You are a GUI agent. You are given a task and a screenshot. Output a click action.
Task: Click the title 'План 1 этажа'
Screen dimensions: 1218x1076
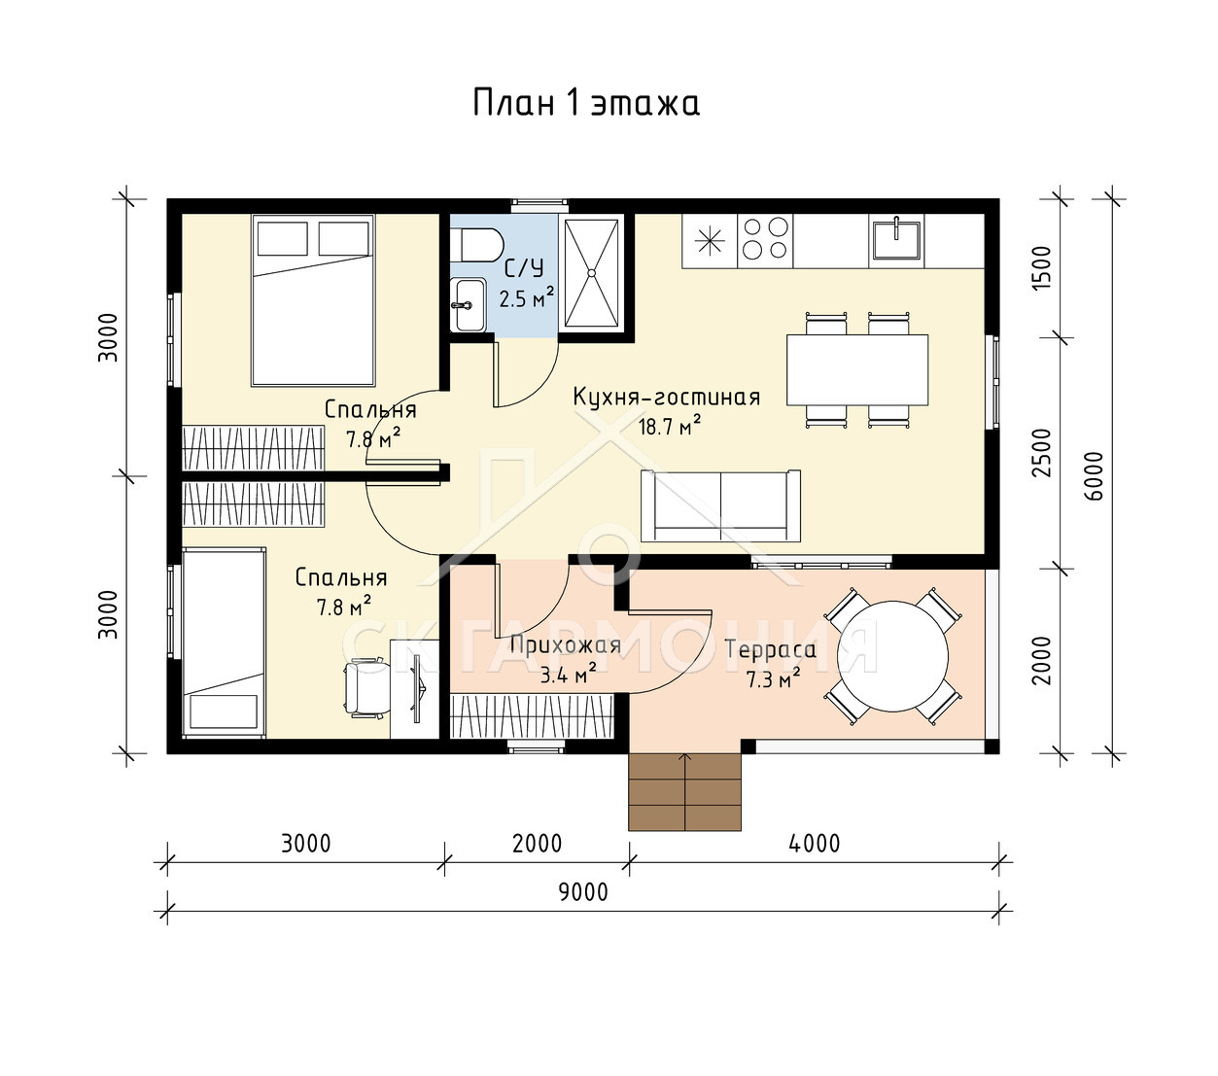point(586,103)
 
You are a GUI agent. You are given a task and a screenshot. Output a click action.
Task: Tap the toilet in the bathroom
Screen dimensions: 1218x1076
point(476,245)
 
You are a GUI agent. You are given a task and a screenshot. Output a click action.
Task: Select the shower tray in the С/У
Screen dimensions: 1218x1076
point(592,273)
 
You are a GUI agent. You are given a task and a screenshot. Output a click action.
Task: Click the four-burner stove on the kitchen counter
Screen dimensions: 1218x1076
point(765,240)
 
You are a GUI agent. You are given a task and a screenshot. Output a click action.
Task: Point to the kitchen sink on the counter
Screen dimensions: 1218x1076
point(896,239)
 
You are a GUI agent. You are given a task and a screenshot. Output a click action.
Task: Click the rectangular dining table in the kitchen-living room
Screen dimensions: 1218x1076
point(857,369)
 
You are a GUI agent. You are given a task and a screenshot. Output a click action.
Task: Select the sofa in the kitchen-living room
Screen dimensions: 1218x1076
point(720,506)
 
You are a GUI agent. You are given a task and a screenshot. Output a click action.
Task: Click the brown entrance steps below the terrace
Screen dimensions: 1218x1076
point(684,792)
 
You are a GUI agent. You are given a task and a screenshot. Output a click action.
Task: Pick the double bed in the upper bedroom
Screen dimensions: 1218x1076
point(313,300)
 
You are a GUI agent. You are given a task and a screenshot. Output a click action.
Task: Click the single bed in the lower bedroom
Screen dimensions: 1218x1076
point(224,642)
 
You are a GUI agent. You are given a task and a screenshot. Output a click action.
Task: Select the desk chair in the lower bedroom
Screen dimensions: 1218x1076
point(364,689)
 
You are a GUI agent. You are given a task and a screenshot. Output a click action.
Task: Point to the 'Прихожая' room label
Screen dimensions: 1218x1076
point(565,645)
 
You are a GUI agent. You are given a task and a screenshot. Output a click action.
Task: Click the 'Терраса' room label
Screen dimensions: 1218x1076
point(771,650)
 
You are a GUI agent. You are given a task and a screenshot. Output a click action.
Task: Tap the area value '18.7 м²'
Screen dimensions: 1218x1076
point(669,426)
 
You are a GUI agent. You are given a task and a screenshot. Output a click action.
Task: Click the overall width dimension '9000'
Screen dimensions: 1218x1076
point(583,892)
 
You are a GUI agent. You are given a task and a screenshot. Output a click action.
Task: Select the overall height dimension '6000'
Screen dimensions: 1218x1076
point(1095,475)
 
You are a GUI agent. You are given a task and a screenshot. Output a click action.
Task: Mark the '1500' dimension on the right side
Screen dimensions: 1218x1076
point(1041,268)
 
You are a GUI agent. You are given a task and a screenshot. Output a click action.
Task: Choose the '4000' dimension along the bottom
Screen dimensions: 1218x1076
point(814,844)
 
